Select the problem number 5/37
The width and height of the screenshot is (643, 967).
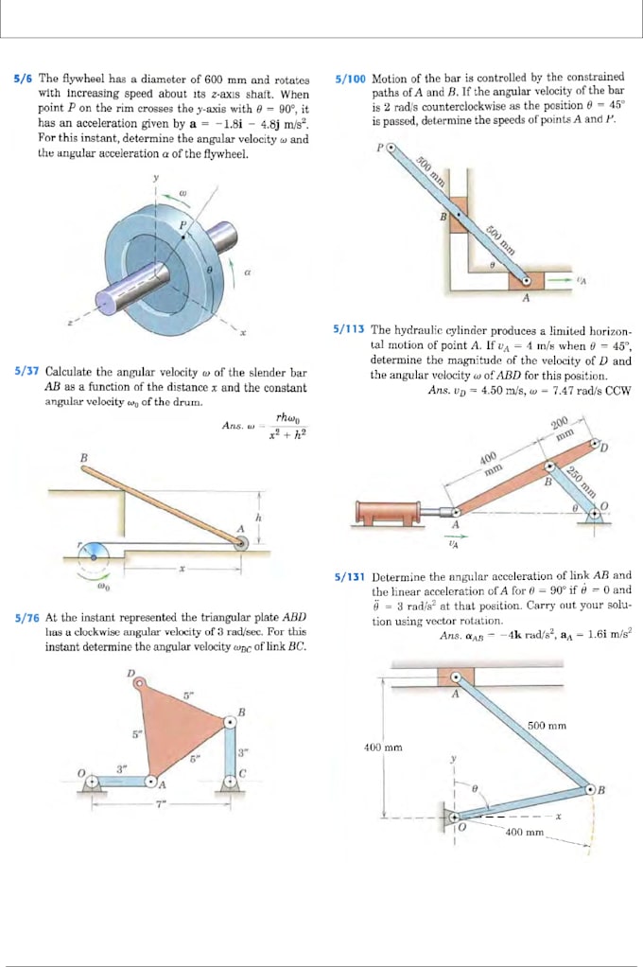tap(26, 373)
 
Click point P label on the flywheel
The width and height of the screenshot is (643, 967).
tap(184, 224)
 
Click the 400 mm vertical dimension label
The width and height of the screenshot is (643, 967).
tap(383, 747)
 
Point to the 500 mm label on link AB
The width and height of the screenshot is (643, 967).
tap(547, 726)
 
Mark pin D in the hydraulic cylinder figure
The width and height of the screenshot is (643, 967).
tap(596, 444)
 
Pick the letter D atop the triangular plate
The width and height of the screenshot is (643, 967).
tap(131, 674)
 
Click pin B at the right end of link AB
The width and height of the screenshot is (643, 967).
tap(591, 789)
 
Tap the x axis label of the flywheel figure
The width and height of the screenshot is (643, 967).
tap(242, 334)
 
